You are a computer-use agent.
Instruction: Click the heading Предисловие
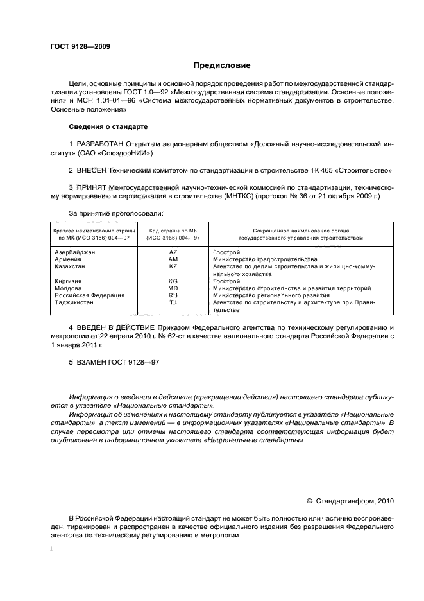(x=222, y=65)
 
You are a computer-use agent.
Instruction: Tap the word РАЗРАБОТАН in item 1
(x=101, y=144)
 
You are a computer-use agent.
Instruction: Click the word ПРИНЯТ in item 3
(x=92, y=187)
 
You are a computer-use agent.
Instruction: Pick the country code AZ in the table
(x=173, y=252)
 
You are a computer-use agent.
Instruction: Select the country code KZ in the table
(x=173, y=266)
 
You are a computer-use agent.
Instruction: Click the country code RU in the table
(x=173, y=295)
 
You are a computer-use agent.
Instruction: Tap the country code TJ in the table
(x=173, y=302)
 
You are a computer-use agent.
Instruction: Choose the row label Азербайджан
(x=75, y=252)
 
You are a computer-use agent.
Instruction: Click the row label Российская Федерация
(x=85, y=295)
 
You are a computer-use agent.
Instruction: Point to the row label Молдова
(x=69, y=288)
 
